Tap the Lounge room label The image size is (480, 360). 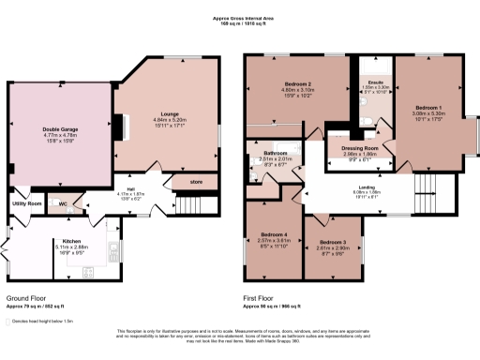click(x=169, y=113)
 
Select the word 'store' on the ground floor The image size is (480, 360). click(x=196, y=181)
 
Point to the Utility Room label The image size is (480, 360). click(x=27, y=202)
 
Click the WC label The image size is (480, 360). click(x=61, y=202)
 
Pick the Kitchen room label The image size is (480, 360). click(x=72, y=241)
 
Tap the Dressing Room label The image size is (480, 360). click(x=359, y=148)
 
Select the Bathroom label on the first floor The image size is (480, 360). click(x=275, y=153)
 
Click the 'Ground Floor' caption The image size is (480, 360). click(x=25, y=298)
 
